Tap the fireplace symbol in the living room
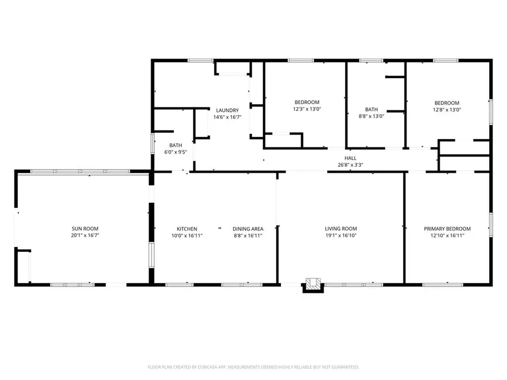coord(312,285)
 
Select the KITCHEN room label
coord(187,229)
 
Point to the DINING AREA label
coord(248,229)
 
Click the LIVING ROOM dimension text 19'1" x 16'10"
coord(341,236)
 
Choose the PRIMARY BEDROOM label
coord(447,229)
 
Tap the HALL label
coord(351,158)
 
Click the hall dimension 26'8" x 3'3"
coord(351,165)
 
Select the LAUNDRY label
coord(226,110)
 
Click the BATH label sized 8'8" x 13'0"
coord(371,109)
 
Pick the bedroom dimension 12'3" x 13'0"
coord(307,109)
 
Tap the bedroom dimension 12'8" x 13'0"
coord(447,110)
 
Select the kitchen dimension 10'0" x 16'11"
coord(187,236)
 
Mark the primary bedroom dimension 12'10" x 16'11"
coord(447,236)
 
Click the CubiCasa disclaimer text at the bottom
coord(253,367)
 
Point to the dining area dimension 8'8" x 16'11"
coord(248,236)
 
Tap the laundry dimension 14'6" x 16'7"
coord(226,117)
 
